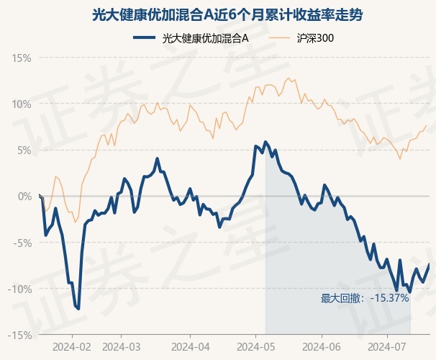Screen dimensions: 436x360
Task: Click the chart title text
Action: tap(227, 14)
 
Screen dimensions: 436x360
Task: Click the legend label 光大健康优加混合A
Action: tap(205, 38)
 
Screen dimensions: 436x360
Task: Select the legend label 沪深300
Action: tap(315, 38)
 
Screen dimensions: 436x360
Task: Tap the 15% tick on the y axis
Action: tap(22, 58)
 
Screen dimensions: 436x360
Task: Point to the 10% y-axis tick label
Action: tap(22, 104)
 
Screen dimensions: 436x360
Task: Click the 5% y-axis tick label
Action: tap(24, 150)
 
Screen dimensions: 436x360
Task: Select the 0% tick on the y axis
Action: tap(24, 197)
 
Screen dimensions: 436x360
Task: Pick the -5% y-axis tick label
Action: tap(22, 243)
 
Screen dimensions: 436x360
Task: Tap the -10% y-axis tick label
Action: tap(19, 289)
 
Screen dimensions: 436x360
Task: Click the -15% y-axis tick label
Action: tap(19, 336)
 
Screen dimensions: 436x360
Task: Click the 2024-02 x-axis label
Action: tap(72, 347)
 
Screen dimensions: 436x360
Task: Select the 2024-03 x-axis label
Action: tap(122, 347)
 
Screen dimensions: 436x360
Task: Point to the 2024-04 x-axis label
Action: tap(191, 347)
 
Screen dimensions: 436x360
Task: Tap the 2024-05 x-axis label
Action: tap(256, 347)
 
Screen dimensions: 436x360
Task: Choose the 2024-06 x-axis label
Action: tap(322, 347)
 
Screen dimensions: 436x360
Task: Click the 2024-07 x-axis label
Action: tap(387, 347)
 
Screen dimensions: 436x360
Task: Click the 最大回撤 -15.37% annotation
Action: tap(365, 299)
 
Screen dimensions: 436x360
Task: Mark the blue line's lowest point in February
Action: tap(78, 309)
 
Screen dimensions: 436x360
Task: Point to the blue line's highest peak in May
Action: tap(265, 142)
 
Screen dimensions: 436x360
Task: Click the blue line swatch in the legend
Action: tap(144, 38)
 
